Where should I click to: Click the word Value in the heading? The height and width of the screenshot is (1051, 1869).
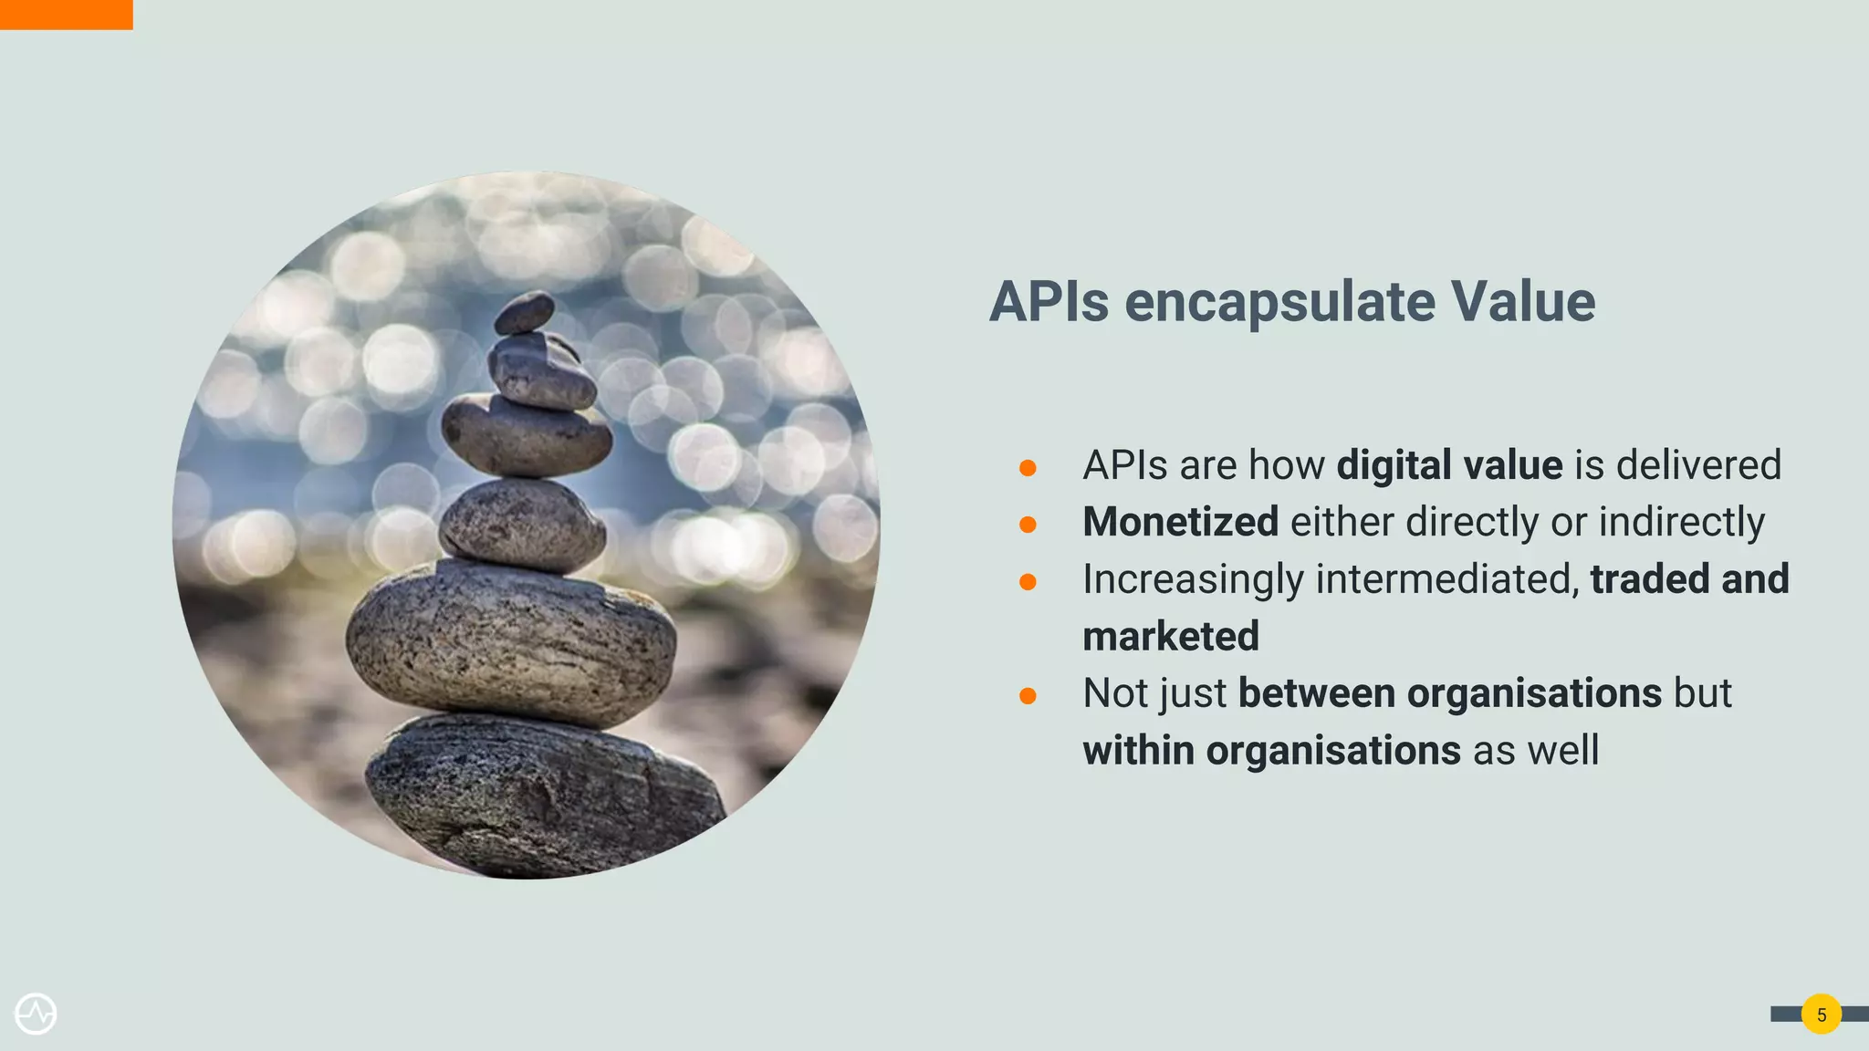click(x=1522, y=301)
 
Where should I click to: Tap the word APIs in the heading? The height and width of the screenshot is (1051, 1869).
click(x=1049, y=301)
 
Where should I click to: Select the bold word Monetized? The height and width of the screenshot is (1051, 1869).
click(x=1180, y=522)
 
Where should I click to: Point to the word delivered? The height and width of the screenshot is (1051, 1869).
click(x=1698, y=465)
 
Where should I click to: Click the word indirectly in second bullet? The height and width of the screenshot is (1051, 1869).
click(x=1681, y=522)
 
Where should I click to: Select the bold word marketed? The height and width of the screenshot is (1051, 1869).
click(x=1170, y=637)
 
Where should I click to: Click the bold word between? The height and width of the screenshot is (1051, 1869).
click(x=1316, y=693)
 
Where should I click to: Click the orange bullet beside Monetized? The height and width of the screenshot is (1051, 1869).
click(x=1028, y=525)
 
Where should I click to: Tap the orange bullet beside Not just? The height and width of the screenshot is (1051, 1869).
click(x=1028, y=696)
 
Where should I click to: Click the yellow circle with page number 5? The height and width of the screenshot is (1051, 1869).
click(x=1821, y=1015)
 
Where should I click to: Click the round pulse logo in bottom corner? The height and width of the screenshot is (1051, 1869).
click(x=36, y=1014)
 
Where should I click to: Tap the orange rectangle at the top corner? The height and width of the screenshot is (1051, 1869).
click(x=66, y=15)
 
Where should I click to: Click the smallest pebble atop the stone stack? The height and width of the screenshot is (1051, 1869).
click(x=525, y=313)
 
